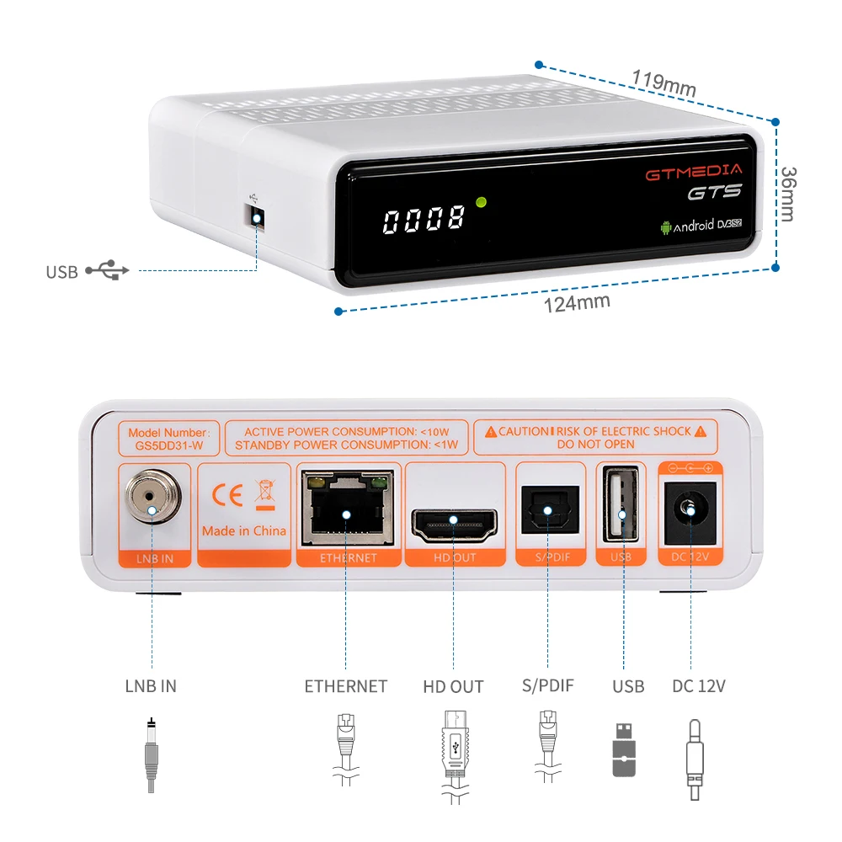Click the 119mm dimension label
664,83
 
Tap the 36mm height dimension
787,194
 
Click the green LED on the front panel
482,202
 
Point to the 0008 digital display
424,220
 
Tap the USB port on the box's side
255,218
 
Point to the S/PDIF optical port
546,510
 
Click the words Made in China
244,531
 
